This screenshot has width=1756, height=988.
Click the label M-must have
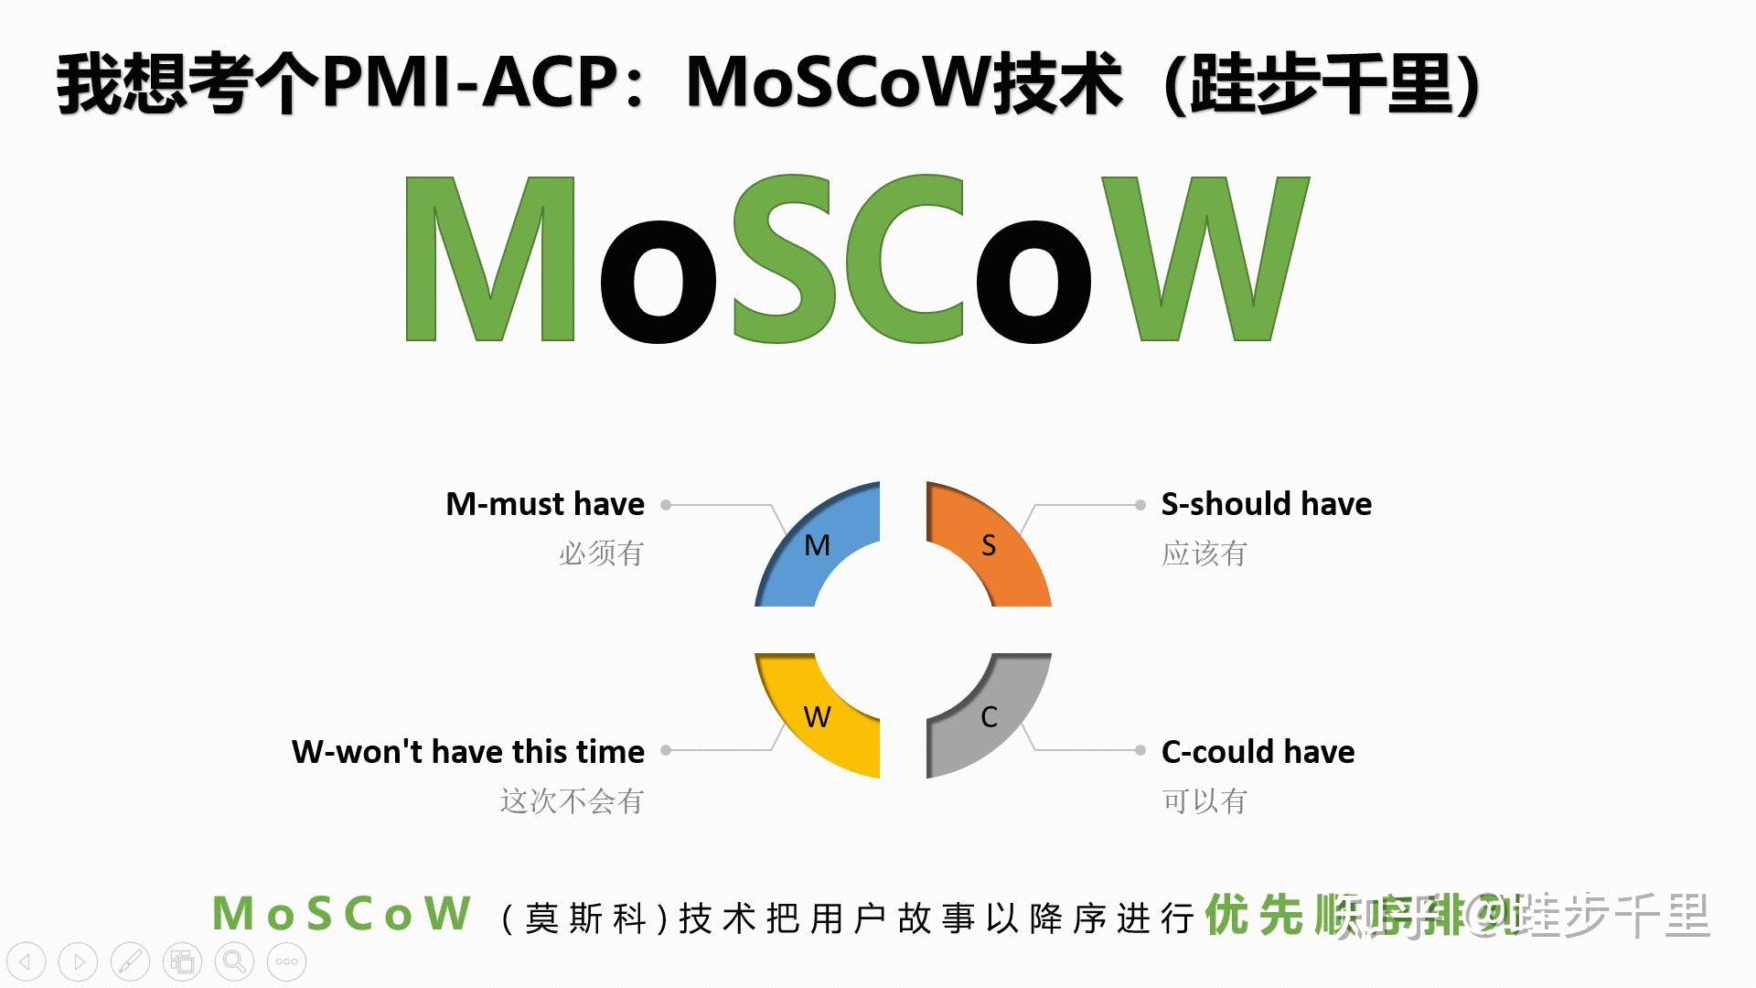click(x=545, y=504)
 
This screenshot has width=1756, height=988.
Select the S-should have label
click(x=1266, y=504)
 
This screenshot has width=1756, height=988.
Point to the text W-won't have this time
click(x=468, y=752)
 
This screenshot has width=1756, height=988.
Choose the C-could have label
click(x=1258, y=752)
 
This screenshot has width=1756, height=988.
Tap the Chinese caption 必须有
click(x=601, y=553)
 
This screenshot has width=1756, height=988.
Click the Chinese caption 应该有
click(x=1204, y=553)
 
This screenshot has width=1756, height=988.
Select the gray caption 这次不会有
click(x=572, y=801)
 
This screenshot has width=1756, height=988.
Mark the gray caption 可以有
click(x=1204, y=801)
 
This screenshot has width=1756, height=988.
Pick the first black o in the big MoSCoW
click(x=658, y=282)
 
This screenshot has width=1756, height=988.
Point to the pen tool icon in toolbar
click(x=130, y=961)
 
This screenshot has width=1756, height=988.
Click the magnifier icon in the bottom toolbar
click(x=234, y=961)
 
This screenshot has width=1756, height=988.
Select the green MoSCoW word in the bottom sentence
click(x=342, y=915)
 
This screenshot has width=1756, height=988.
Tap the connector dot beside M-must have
click(x=666, y=505)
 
